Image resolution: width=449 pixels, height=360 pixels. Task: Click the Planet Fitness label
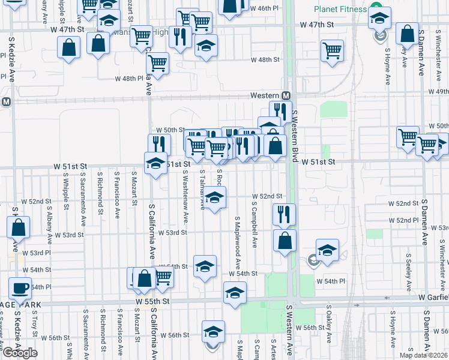(x=340, y=10)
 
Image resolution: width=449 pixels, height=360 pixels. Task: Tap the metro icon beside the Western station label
(x=286, y=96)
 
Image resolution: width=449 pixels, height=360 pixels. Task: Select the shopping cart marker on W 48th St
(x=332, y=50)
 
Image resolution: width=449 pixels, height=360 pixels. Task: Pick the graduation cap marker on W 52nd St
(x=214, y=196)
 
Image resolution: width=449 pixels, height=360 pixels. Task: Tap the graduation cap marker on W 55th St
(x=235, y=292)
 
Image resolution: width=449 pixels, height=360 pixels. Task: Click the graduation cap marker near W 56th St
(x=213, y=331)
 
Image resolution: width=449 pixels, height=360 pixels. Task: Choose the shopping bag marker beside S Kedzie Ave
(x=19, y=227)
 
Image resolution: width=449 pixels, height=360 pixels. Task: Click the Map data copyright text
(x=423, y=355)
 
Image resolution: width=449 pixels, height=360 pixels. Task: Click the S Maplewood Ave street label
(x=238, y=242)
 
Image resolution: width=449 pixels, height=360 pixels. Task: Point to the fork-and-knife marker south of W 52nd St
(x=283, y=214)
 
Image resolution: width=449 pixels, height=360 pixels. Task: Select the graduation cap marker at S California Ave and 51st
(x=155, y=162)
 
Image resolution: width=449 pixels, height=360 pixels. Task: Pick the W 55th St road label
(x=153, y=300)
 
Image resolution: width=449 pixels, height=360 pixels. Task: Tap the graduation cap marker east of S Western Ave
(x=327, y=250)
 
